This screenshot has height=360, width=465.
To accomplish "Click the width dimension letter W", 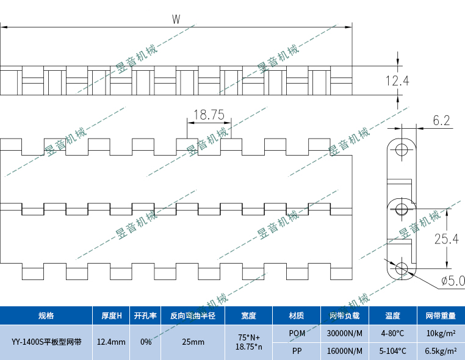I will pyautogui.click(x=176, y=20).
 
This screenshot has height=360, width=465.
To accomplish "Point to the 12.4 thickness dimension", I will pyautogui.click(x=397, y=81).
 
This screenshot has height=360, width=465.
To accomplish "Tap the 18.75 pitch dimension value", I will pyautogui.click(x=209, y=114).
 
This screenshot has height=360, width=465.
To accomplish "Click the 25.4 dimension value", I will pyautogui.click(x=446, y=239).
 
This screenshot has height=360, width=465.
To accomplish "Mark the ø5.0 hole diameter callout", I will pyautogui.click(x=452, y=281).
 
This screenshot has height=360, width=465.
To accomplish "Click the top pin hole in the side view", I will pyautogui.click(x=402, y=149).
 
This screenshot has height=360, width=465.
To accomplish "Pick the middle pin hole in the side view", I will pyautogui.click(x=402, y=209).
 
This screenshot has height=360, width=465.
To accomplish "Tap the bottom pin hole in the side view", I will pyautogui.click(x=402, y=267).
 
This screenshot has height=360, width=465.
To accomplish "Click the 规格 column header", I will pyautogui.click(x=46, y=315).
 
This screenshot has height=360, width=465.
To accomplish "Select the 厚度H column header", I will pyautogui.click(x=111, y=315).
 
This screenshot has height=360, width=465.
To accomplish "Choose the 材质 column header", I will pyautogui.click(x=297, y=315).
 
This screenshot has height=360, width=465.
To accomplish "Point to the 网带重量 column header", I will pyautogui.click(x=440, y=315).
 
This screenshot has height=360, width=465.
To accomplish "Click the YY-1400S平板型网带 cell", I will pyautogui.click(x=46, y=342).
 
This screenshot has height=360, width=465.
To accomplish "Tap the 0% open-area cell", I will pyautogui.click(x=146, y=342).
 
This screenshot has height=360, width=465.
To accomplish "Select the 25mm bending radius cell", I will pyautogui.click(x=193, y=342).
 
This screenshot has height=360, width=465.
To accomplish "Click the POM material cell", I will pyautogui.click(x=297, y=333).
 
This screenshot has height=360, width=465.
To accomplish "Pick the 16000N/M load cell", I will pyautogui.click(x=345, y=351).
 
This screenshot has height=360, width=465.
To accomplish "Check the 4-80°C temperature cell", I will pyautogui.click(x=392, y=333).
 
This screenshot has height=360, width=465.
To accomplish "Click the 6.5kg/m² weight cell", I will pyautogui.click(x=440, y=351).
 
